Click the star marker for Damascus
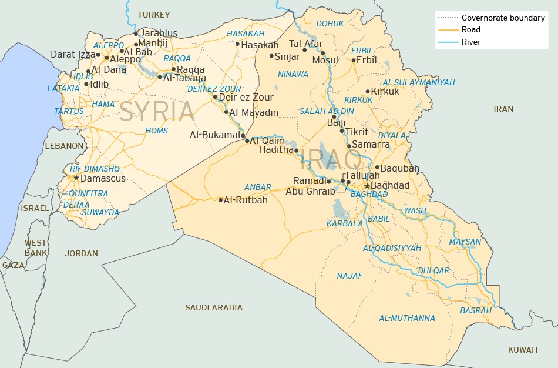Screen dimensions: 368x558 (76, 178)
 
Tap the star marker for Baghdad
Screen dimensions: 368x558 (367, 186)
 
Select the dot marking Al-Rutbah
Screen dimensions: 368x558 (221, 200)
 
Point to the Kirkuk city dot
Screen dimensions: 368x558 (368, 91)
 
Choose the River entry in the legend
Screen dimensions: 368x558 (471, 42)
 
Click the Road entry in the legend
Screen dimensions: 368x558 (470, 30)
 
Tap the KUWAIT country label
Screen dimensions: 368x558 (523, 350)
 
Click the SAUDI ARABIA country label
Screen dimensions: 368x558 (214, 307)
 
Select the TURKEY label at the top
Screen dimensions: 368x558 (153, 15)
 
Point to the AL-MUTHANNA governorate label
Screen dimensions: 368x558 (407, 319)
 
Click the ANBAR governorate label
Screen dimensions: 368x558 (258, 188)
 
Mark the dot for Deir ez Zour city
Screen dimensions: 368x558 (215, 97)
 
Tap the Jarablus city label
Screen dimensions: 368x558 (159, 34)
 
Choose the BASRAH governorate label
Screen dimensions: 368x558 (476, 310)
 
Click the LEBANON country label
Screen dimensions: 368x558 (64, 146)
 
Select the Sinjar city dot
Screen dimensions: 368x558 (271, 56)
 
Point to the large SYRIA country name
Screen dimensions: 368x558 (156, 112)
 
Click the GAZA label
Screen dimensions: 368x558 (14, 265)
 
